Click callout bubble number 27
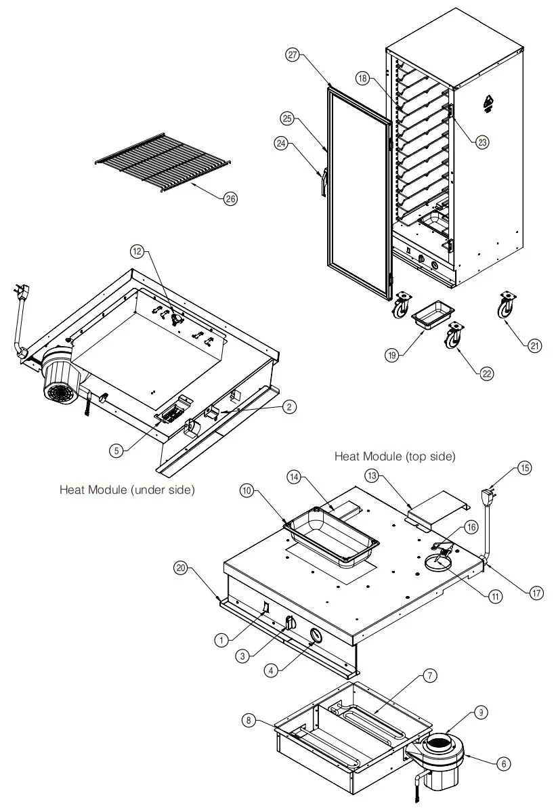pos(293,56)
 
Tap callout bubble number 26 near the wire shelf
pos(231,198)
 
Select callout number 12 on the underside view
pos(137,251)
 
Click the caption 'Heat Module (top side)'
pos(394,457)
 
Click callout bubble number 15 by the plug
pos(526,467)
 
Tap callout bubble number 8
pos(250,721)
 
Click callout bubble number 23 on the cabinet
pos(482,142)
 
